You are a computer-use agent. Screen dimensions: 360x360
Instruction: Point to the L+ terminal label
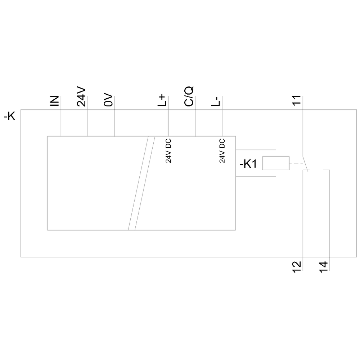(x=162, y=100)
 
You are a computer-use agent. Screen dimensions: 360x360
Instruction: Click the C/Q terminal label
(x=189, y=96)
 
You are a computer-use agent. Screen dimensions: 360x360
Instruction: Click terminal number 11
(x=297, y=100)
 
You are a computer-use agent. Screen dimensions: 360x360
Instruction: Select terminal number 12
(x=297, y=266)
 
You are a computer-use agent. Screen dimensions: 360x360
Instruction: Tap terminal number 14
(x=324, y=266)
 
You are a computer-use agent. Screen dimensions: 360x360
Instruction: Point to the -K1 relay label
(x=248, y=164)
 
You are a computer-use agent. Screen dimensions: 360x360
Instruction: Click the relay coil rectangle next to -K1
(x=276, y=163)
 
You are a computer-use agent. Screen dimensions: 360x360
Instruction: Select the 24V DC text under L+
(x=168, y=150)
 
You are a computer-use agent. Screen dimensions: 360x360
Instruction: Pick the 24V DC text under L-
(x=222, y=150)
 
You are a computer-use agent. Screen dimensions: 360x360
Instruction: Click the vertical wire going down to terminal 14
(x=329, y=216)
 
